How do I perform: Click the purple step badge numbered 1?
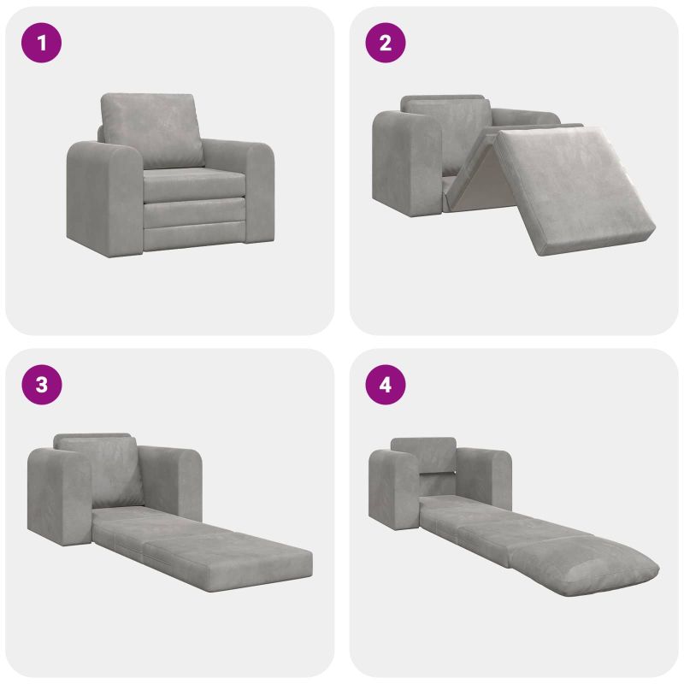41,43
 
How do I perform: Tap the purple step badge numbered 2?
386,43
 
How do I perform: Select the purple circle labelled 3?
41,385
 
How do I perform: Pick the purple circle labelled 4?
386,385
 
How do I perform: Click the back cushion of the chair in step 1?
152,130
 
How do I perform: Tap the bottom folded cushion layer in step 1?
194,236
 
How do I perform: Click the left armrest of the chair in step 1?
104,198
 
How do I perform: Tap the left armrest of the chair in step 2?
407,162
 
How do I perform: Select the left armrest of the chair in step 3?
59,497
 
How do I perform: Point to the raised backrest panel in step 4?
424,455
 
